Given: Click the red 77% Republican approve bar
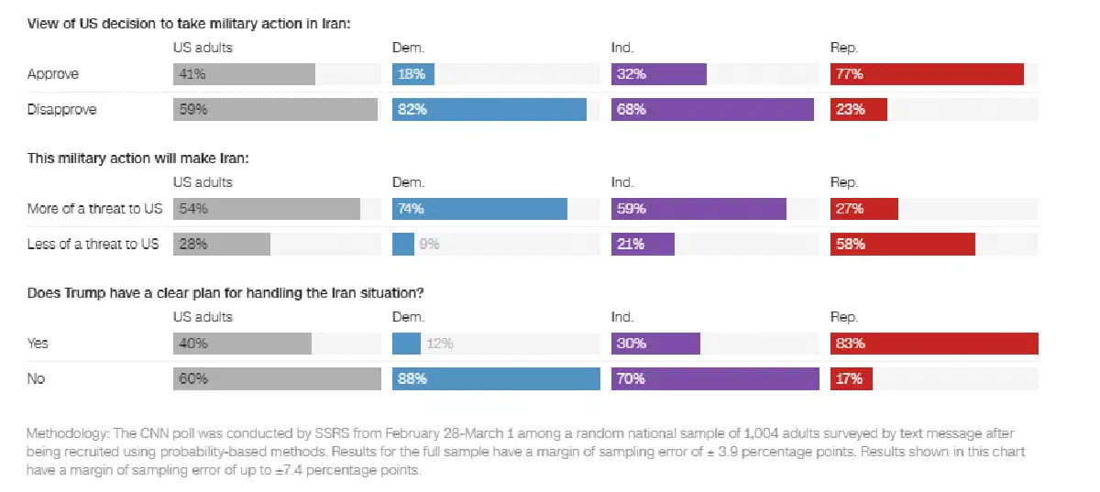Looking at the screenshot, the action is coord(927,74).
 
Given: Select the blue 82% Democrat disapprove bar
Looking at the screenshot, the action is coord(489,110).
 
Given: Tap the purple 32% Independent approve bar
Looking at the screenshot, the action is coord(658,74).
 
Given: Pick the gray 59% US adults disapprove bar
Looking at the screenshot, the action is coord(276,110).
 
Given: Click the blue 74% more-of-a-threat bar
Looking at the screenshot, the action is coord(479,209).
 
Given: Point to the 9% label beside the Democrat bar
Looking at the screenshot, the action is coord(429,244).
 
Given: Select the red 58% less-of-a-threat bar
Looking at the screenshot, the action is coord(903,244).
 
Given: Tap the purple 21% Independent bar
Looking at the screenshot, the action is coord(643,244).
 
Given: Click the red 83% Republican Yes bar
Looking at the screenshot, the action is coord(934,344).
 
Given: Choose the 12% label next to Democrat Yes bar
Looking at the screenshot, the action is coord(439,344).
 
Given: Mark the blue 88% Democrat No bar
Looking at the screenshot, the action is coord(496,378).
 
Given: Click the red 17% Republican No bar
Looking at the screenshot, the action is coord(851,378).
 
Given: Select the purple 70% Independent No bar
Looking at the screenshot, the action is coord(715,378).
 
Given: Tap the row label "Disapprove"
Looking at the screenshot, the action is coord(62,110).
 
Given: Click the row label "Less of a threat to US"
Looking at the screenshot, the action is coord(93,244).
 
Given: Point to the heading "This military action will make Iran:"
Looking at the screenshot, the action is coord(138,159).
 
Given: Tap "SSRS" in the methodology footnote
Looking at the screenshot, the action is coord(332,433).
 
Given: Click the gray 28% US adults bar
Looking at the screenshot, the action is coord(222,244).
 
